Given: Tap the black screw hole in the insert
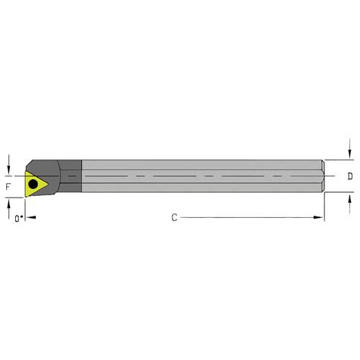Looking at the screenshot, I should click(x=33, y=183).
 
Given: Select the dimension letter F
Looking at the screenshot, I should click(x=8, y=185).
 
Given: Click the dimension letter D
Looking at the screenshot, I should click(x=349, y=176).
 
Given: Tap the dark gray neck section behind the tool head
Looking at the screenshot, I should click(x=71, y=176).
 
